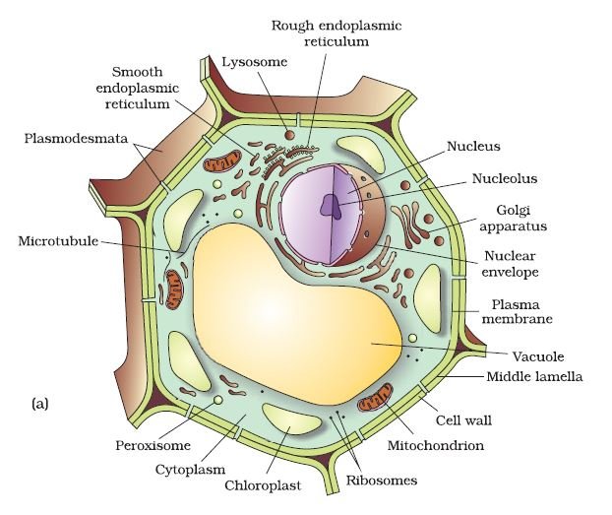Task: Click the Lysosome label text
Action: click(255, 62)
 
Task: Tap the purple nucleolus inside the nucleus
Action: click(332, 205)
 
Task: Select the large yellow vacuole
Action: click(294, 312)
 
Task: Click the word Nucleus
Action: click(473, 146)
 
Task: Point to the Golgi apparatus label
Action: click(513, 219)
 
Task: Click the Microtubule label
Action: click(58, 240)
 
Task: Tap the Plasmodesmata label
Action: click(76, 138)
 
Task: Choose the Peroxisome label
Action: click(153, 445)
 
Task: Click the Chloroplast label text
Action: click(263, 485)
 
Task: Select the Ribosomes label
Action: click(382, 481)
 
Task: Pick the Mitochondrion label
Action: click(436, 445)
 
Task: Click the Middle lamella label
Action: click(534, 377)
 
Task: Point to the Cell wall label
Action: click(463, 420)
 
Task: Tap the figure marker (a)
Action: click(39, 404)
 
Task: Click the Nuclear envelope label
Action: click(510, 264)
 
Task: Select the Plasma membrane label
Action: click(518, 311)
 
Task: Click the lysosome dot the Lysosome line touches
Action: click(289, 135)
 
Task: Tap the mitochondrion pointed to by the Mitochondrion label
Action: click(375, 398)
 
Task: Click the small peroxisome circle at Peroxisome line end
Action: click(218, 400)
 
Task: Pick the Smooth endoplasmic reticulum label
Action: click(138, 88)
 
